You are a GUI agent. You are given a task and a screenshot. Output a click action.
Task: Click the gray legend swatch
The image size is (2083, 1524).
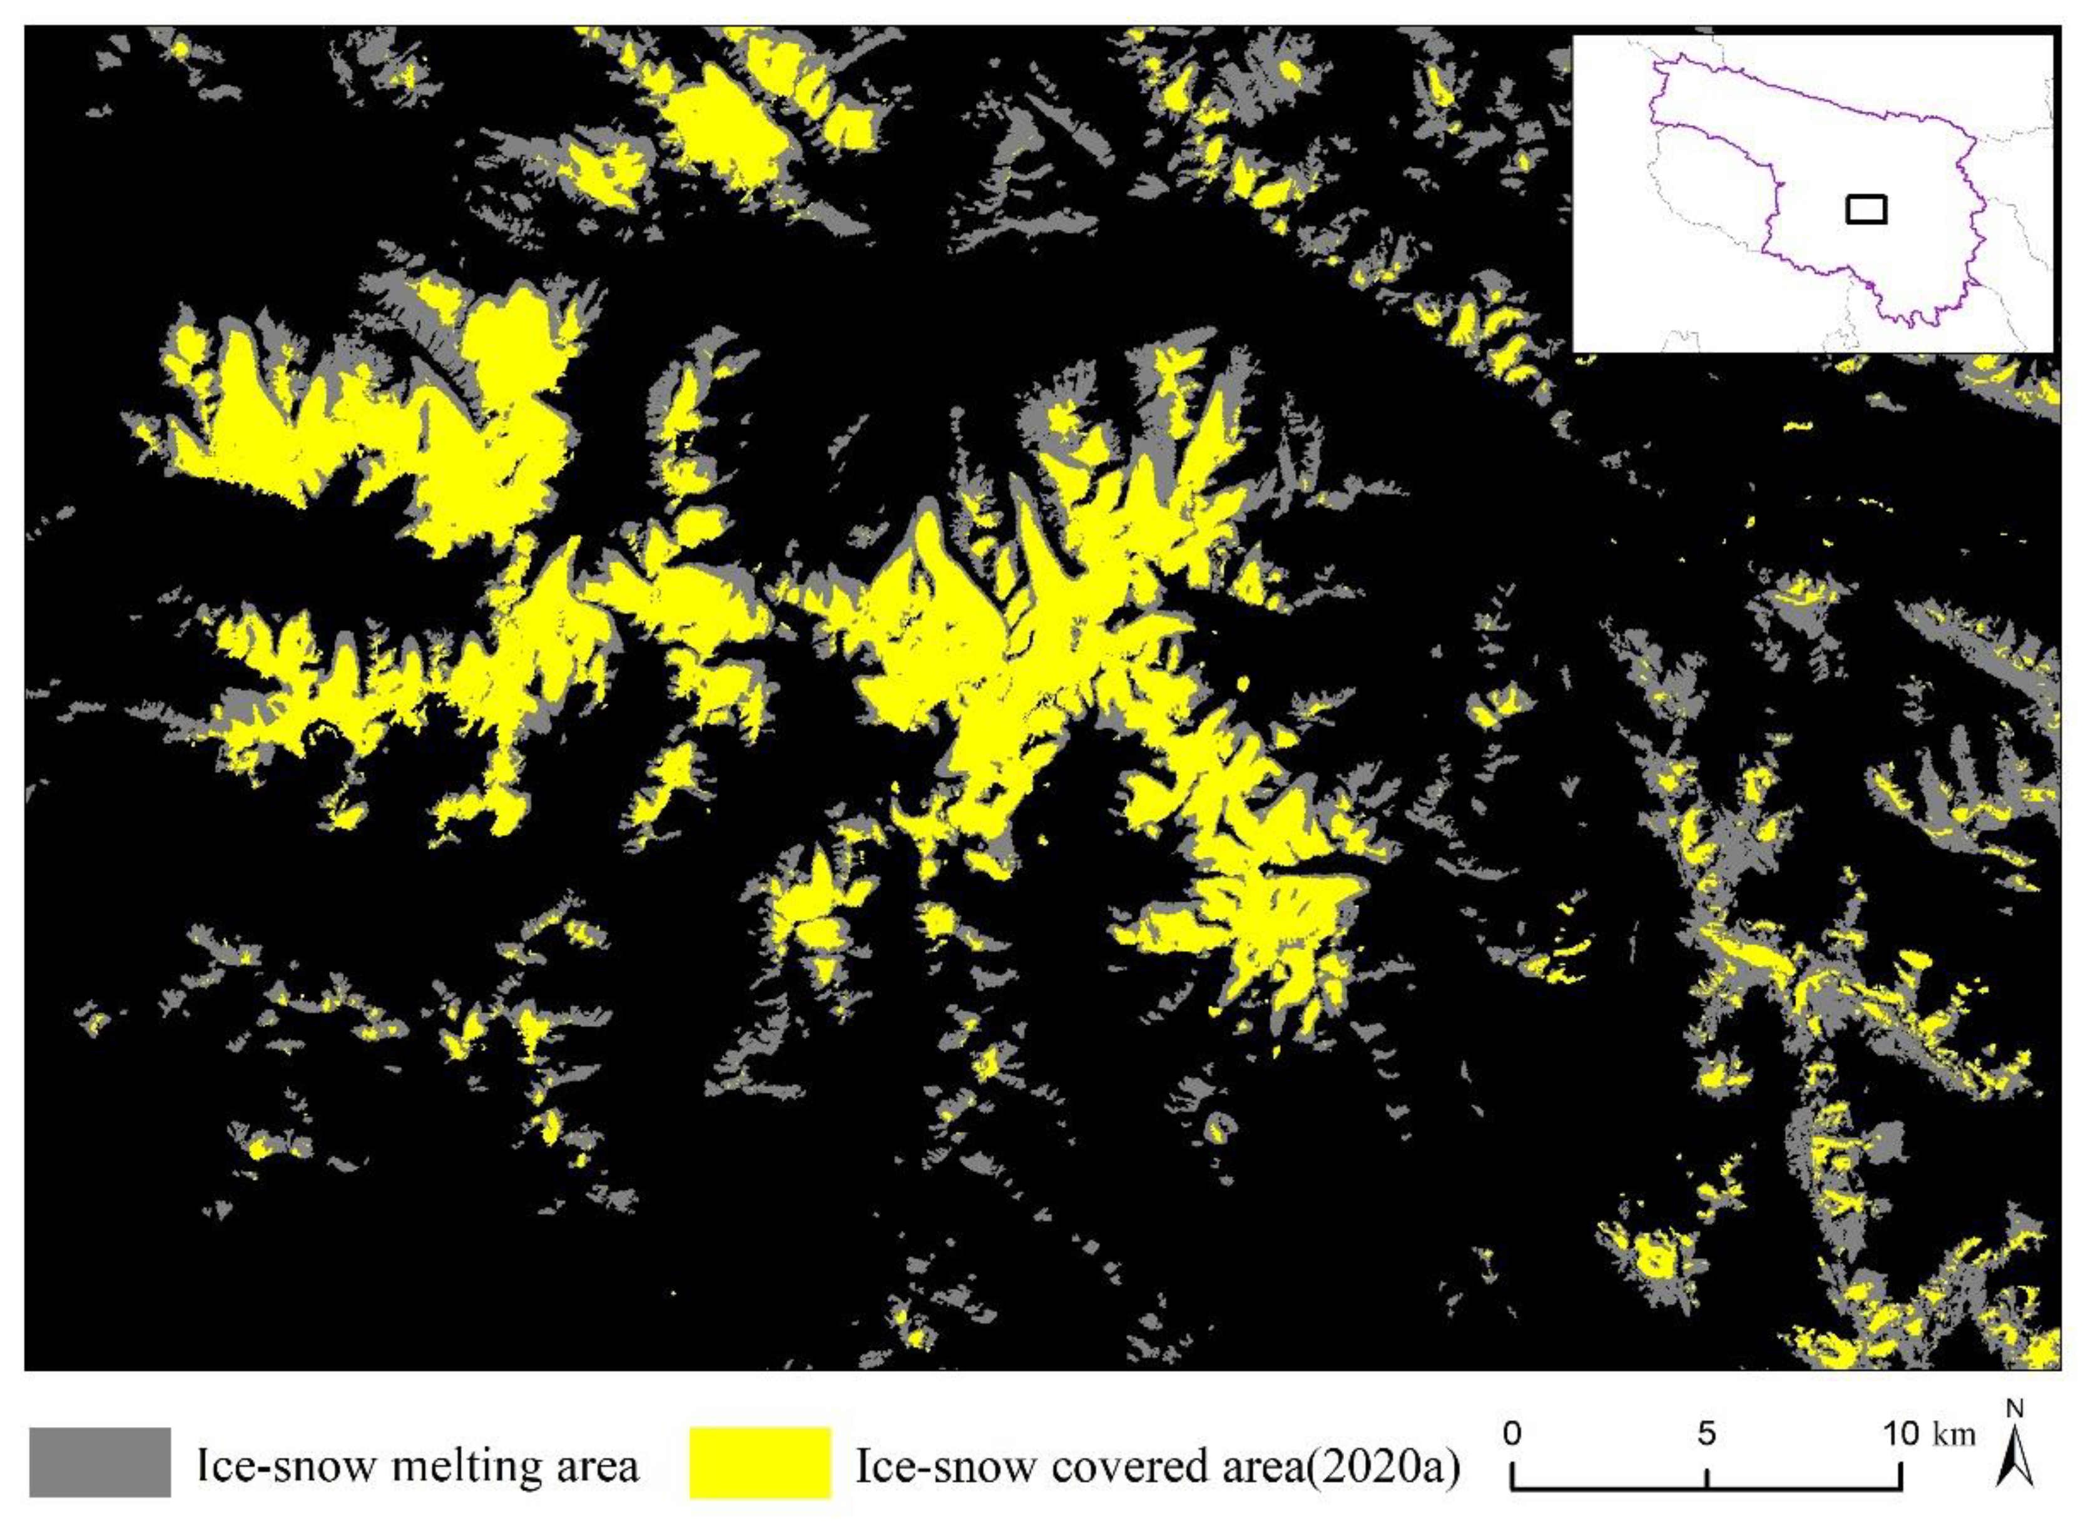tap(99, 1462)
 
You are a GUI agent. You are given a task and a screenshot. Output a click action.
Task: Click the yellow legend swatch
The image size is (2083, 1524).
tap(760, 1462)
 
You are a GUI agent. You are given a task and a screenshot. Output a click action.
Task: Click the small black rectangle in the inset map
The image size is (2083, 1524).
tap(1867, 210)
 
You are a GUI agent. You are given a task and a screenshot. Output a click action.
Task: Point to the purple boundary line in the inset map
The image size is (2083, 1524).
tap(1808, 92)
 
